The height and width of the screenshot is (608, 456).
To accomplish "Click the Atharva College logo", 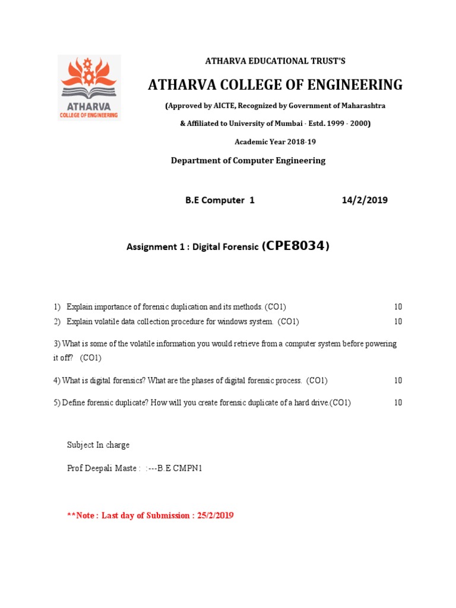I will pyautogui.click(x=88, y=87).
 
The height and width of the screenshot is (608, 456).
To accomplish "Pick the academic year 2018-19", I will pyautogui.click(x=288, y=141).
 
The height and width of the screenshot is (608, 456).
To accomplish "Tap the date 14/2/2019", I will pyautogui.click(x=365, y=200).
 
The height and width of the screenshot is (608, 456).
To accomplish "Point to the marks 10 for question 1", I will pyautogui.click(x=398, y=307).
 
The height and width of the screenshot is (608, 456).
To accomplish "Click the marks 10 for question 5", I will pyautogui.click(x=398, y=403).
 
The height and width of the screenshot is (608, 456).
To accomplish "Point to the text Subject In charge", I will pyautogui.click(x=98, y=445).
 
